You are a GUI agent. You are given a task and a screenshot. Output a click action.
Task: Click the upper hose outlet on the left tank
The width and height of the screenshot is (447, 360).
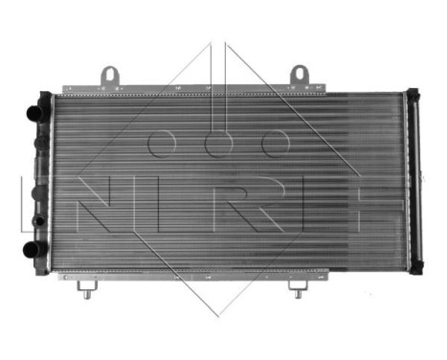(34, 112)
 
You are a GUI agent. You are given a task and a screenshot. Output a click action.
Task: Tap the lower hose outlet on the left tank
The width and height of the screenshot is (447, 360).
(34, 252)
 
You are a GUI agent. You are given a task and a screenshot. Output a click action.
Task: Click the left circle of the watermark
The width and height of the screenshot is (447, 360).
(162, 144)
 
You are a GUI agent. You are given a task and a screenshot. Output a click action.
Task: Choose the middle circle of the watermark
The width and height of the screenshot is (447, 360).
(219, 144)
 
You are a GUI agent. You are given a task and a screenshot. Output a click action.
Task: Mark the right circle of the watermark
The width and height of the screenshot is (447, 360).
(276, 144)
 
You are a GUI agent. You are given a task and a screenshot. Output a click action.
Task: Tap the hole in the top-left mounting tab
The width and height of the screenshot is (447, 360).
(110, 73)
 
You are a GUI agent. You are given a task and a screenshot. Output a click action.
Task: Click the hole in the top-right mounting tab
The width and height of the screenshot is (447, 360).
(299, 73)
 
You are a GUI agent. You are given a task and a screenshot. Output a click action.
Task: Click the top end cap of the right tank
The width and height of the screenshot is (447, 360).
(413, 93)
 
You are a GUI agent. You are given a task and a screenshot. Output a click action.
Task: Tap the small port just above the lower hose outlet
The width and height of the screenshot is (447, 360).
(36, 221)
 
